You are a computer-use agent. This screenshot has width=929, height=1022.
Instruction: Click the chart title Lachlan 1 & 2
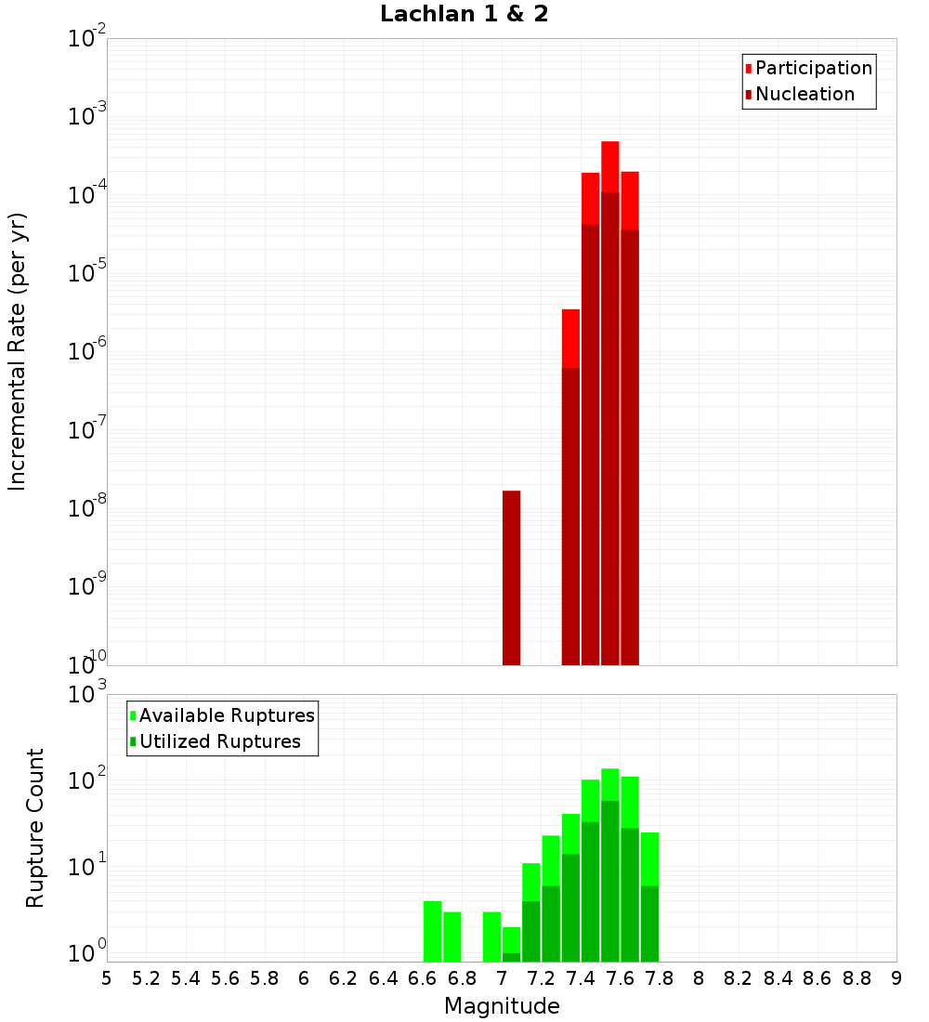tap(464, 14)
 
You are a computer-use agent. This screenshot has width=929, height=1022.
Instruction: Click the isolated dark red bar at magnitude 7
tap(511, 576)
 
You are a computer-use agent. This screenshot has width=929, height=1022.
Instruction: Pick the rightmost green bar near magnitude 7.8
tap(649, 897)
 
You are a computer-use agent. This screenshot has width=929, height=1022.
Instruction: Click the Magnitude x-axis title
tap(502, 1006)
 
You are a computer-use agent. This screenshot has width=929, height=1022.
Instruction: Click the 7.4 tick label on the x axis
tap(581, 977)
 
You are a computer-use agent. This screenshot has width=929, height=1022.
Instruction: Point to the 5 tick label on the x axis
tap(107, 977)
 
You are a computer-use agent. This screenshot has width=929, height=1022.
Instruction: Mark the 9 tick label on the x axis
tap(896, 977)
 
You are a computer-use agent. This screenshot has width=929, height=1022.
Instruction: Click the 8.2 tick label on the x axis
tap(739, 977)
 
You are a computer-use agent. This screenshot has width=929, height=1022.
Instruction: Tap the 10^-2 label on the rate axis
tap(86, 40)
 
